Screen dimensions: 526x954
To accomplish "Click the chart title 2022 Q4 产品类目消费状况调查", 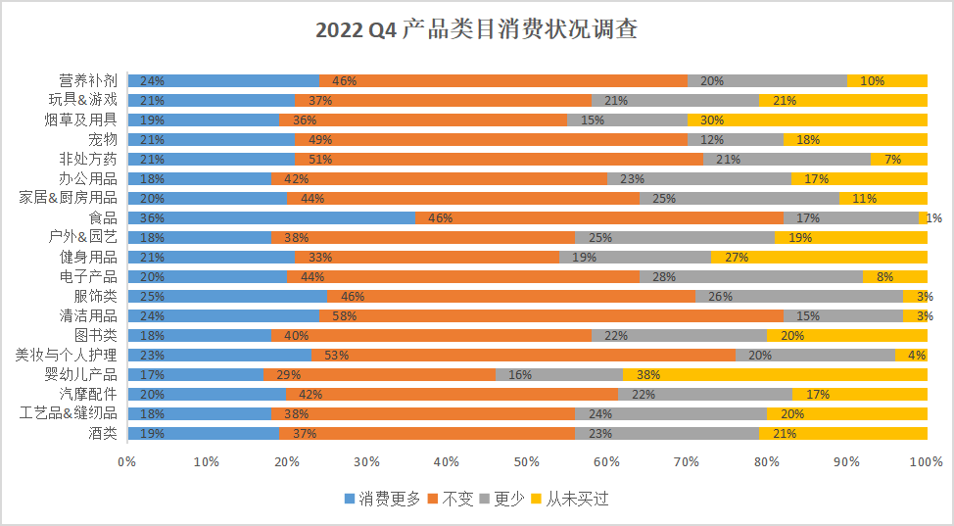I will [x=476, y=30].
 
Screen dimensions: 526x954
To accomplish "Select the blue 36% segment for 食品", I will [x=270, y=217].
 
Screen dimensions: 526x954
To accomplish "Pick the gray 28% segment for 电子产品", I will [x=751, y=276].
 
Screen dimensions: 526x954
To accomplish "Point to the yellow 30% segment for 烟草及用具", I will [x=807, y=120].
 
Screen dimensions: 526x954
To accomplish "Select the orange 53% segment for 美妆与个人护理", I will [x=523, y=355].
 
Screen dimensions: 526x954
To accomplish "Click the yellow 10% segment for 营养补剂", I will [x=887, y=80].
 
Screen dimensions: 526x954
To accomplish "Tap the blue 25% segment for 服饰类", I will [x=226, y=296].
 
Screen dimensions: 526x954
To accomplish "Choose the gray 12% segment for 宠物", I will [x=735, y=139].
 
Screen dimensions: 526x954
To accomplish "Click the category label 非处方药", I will [x=88, y=159].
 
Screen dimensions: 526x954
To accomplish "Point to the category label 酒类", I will [x=101, y=433].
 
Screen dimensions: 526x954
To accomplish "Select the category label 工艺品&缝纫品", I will [x=69, y=413].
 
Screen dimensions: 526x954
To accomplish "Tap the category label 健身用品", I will [x=88, y=257].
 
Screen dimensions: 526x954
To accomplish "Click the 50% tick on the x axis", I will [x=527, y=461].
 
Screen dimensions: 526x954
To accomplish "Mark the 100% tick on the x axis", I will [x=927, y=461].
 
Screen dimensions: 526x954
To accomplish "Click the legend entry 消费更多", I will [x=383, y=499].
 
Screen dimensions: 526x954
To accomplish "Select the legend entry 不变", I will [x=452, y=499].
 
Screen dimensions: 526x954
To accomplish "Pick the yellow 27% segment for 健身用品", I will [x=819, y=257].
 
